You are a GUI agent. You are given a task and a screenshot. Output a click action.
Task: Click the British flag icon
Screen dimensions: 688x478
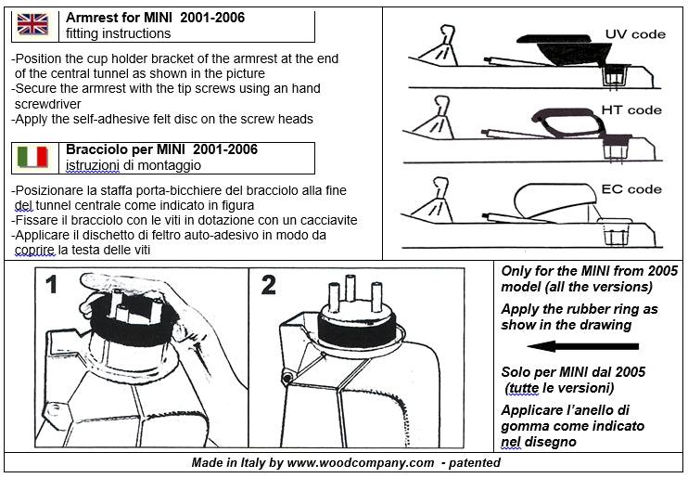[32, 24]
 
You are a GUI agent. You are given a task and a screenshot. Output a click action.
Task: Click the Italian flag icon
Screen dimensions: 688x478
[32, 157]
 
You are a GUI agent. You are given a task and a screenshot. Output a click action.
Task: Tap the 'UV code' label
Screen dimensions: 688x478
[635, 34]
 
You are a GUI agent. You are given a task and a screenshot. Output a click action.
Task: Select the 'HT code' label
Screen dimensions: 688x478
[631, 110]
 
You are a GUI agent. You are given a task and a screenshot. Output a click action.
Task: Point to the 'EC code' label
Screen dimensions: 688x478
[631, 189]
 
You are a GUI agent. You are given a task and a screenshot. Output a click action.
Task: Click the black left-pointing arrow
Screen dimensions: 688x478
[582, 346]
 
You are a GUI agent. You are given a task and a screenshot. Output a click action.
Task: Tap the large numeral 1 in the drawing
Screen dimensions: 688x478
[52, 284]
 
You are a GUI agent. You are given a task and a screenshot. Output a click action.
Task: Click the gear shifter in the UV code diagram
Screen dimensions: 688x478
[440, 45]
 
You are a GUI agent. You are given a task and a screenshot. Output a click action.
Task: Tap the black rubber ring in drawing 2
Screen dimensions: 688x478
[356, 333]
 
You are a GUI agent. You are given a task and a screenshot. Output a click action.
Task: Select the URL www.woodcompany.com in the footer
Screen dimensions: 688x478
[361, 462]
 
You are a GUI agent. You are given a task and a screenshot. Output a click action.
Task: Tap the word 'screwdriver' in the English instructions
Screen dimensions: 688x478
[48, 104]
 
